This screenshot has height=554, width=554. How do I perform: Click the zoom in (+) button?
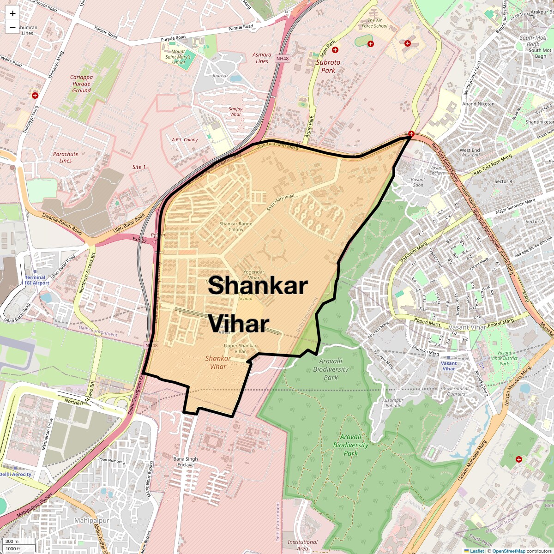click(x=12, y=13)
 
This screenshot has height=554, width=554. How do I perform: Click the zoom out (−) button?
click(x=12, y=27)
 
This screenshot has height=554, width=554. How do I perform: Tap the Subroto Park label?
click(x=328, y=66)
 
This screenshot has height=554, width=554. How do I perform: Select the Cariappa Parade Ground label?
click(x=81, y=84)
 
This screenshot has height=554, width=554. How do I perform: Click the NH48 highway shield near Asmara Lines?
click(x=282, y=59)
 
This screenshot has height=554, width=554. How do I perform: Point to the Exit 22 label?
click(x=139, y=241)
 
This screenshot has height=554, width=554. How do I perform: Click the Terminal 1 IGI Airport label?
click(x=36, y=280)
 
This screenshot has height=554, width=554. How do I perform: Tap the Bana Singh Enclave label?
click(x=185, y=462)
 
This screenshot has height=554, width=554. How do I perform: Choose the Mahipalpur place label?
click(x=92, y=520)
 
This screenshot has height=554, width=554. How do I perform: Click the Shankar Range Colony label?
click(x=235, y=226)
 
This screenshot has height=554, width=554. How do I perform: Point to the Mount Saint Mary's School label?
click(x=178, y=57)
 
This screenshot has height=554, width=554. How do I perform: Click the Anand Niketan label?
click(x=478, y=104)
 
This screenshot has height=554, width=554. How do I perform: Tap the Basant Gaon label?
click(x=418, y=182)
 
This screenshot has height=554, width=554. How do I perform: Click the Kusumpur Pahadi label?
click(x=393, y=403)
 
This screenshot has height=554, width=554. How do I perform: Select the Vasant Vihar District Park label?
click(x=504, y=358)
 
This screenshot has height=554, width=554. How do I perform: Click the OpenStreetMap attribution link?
click(x=508, y=551)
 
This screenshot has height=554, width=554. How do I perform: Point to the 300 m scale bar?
click(x=12, y=542)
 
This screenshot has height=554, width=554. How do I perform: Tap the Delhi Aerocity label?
click(x=16, y=474)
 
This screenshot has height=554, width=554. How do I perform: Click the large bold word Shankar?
click(x=258, y=285)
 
